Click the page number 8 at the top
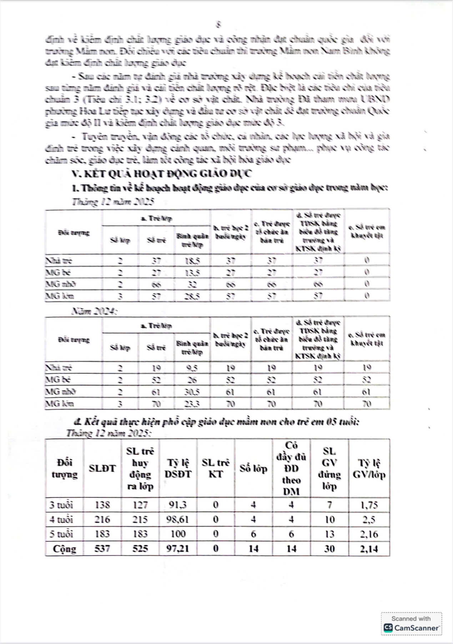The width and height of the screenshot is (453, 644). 218,24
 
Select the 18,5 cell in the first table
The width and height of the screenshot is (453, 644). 192,261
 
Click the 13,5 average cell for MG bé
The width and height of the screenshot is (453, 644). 192,273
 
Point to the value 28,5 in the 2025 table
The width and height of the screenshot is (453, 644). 192,296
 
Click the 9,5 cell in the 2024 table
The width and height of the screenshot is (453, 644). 192,368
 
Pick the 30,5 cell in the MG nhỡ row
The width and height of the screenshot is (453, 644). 192,392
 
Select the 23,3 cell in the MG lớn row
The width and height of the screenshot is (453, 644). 192,404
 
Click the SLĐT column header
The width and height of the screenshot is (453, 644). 102,468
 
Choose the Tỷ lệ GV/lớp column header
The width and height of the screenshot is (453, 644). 369,468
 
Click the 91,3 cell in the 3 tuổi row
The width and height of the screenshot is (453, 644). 178,505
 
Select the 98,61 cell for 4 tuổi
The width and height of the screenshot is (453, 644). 178,520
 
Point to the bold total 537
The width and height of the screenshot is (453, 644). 102,548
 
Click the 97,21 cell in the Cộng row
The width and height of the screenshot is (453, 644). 178,548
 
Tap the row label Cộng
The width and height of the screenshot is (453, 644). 64,548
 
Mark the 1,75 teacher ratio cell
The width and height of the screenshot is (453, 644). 369,505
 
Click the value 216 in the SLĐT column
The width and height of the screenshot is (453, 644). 102,520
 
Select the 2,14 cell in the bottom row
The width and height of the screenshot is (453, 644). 369,548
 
